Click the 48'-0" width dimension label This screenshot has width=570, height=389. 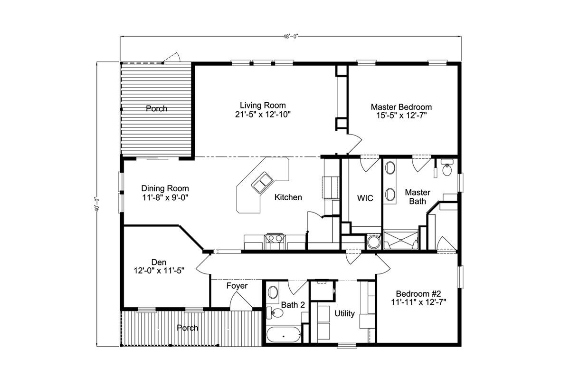click(291, 37)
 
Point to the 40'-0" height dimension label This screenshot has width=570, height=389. click(97, 204)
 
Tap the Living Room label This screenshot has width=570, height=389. click(263, 105)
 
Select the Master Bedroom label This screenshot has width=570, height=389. click(401, 107)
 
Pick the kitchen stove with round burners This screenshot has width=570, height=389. click(275, 241)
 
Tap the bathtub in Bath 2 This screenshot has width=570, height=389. click(284, 334)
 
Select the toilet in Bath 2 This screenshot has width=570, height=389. click(275, 313)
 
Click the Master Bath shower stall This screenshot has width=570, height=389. click(401, 240)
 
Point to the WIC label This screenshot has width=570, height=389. click(365, 198)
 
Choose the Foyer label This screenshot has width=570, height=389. click(237, 286)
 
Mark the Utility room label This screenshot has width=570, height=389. click(344, 313)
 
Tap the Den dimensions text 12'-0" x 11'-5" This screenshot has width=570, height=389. click(159, 271)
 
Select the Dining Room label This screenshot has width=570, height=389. click(165, 188)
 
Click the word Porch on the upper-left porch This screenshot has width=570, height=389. click(156, 108)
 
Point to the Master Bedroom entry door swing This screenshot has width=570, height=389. click(354, 144)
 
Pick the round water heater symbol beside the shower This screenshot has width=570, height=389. click(373, 242)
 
